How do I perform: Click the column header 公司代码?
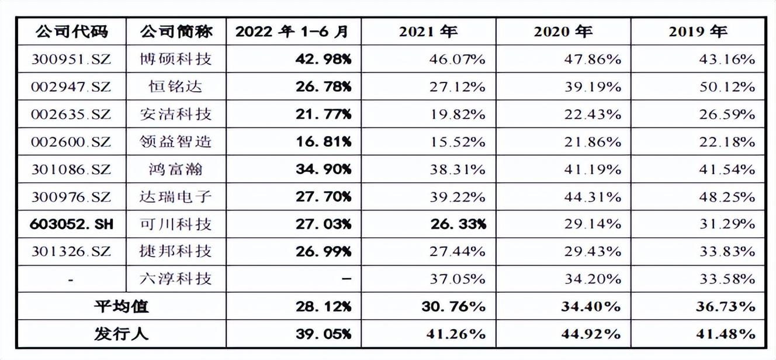[72, 32]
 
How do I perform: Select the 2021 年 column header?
[428, 32]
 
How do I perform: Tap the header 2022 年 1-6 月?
[292, 32]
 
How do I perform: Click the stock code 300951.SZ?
[71, 59]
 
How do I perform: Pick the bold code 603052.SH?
[71, 224]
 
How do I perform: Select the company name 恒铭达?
[176, 86]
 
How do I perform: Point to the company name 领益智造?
[176, 141]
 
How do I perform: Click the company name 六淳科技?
[176, 279]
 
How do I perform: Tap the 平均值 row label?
[122, 306]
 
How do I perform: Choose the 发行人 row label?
[122, 334]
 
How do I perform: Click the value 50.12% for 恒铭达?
[727, 86]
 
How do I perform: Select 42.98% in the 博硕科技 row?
[324, 59]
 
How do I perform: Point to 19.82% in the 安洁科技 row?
[458, 114]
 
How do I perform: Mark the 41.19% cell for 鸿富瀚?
[593, 169]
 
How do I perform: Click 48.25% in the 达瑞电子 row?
[727, 197]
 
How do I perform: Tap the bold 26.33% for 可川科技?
[458, 224]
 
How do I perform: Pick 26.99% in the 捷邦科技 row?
[324, 251]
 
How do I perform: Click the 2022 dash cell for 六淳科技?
[347, 279]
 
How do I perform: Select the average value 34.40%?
[591, 306]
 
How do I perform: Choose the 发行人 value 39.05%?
[324, 334]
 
